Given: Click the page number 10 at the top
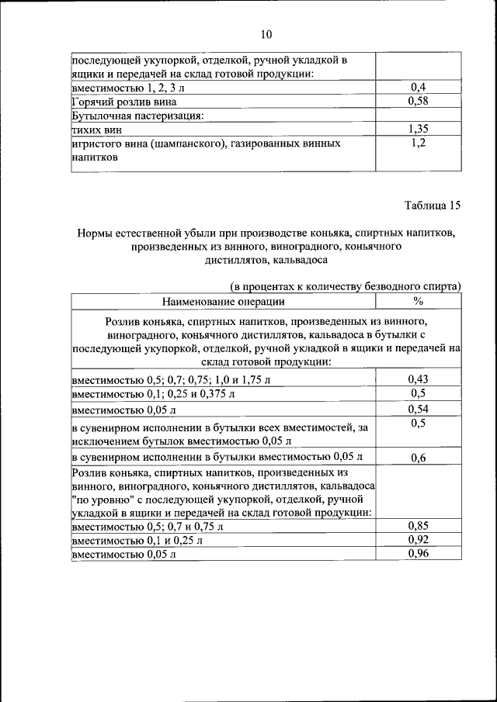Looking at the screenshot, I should coord(266,34).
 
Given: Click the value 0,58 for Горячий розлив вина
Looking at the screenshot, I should coord(419,102).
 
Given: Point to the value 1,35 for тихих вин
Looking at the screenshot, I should coord(419,130).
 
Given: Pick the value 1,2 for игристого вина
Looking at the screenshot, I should coord(419,144).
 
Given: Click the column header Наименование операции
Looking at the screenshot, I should coord(224,301).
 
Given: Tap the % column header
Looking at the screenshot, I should coord(419,301).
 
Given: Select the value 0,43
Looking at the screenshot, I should coord(419,379).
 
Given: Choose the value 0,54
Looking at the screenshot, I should coord(419,409).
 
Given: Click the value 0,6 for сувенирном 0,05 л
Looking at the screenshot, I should coord(419,457).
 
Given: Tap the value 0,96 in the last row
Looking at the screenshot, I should coord(419,554).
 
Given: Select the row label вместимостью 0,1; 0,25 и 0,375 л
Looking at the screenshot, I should coord(152,395).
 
